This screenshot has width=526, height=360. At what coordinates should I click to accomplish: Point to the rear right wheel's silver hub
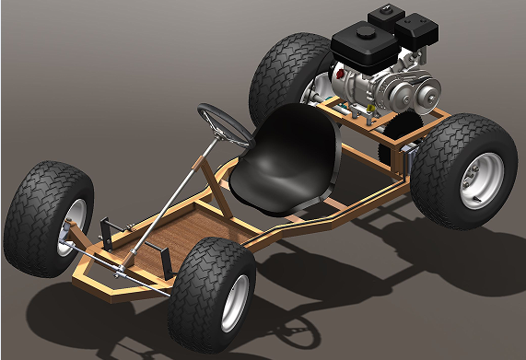[478, 180]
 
